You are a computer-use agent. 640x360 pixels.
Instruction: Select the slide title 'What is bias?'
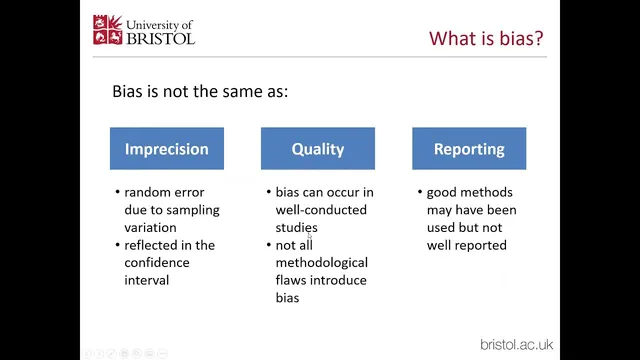coord(487,38)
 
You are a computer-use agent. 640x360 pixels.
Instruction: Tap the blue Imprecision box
coord(166,149)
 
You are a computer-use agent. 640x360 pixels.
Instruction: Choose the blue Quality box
coord(317,149)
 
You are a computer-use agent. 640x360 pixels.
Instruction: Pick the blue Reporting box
coord(468,149)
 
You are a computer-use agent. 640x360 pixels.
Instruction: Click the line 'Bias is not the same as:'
coord(200,92)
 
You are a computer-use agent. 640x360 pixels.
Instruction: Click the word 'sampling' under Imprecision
coord(193,210)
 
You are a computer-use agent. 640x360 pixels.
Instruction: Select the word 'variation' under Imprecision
coord(152,227)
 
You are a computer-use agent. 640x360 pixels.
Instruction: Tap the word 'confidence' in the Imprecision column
coord(158,262)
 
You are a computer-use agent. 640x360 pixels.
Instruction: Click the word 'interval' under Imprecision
coord(147,280)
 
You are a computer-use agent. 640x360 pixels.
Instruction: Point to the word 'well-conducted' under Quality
coord(321,210)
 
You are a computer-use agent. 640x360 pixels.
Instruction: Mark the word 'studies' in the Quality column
coord(297,227)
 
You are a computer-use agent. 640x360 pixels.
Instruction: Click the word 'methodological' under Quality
coord(321,262)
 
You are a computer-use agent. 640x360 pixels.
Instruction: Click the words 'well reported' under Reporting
coord(466,245)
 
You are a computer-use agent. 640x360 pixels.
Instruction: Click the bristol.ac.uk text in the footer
coord(516,344)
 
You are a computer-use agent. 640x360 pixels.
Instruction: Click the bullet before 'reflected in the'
coord(117,245)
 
